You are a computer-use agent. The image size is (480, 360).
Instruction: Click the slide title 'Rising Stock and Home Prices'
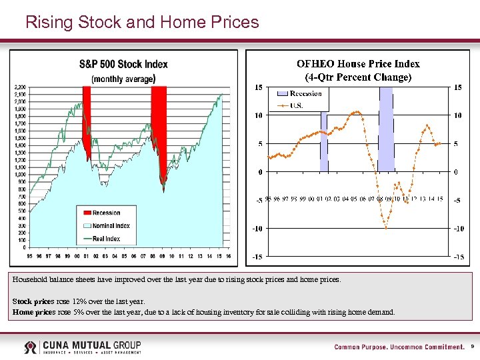141,22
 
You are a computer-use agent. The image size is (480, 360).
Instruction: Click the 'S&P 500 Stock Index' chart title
123,65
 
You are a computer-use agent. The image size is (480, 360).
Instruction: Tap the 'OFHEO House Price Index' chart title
358,64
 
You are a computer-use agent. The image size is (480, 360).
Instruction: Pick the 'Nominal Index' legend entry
110,225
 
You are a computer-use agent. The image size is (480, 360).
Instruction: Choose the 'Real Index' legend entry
106,238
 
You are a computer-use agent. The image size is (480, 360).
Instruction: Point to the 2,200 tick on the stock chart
20,87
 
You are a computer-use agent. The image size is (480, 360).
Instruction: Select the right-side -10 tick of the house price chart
458,229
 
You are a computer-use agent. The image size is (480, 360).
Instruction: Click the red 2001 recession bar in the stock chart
86,120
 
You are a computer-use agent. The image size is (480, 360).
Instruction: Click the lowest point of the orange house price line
385,228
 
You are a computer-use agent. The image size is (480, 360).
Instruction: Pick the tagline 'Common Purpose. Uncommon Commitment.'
399,347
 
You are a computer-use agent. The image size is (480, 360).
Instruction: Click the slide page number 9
472,347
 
